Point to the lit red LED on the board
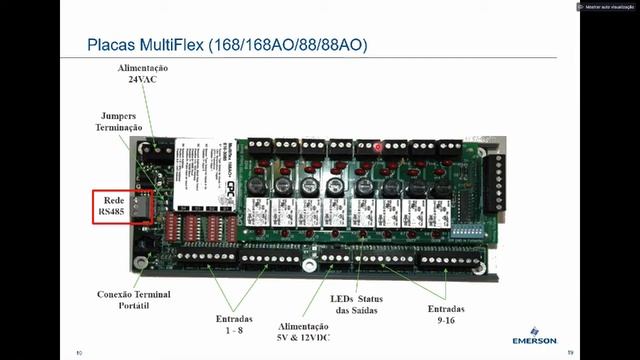coord(379,149)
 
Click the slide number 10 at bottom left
coord(79,352)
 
